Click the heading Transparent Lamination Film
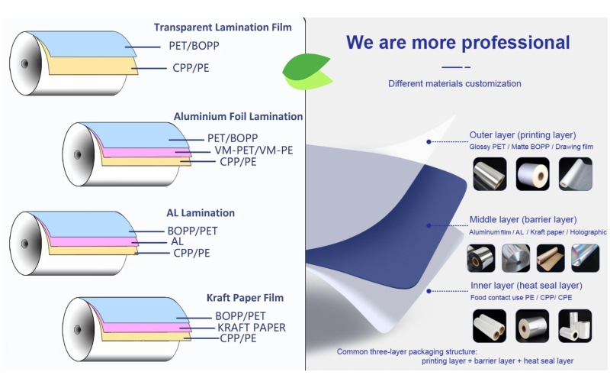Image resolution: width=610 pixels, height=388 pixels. pos(222,27)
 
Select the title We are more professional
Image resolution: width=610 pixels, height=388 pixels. pos(457,42)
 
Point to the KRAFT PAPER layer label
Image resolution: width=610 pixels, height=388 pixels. pos(251,328)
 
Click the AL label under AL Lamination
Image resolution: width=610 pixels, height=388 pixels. pos(177,241)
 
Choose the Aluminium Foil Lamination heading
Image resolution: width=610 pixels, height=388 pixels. pos(238,117)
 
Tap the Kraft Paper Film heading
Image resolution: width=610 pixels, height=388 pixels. pos(245,298)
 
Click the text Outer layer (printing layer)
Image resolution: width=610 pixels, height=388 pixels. pos(522,135)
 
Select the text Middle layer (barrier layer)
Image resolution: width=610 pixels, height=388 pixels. pos(522,220)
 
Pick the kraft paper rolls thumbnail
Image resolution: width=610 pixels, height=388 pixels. pos(551,258)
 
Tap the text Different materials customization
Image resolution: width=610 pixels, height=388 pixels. pos(454,83)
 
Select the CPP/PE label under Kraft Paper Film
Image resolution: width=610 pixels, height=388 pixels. pos(238,338)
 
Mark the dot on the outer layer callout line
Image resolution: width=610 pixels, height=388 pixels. pos(429,141)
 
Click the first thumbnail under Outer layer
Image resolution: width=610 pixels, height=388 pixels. pos(489,173)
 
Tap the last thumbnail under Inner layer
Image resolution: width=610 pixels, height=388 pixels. pos(574,325)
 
